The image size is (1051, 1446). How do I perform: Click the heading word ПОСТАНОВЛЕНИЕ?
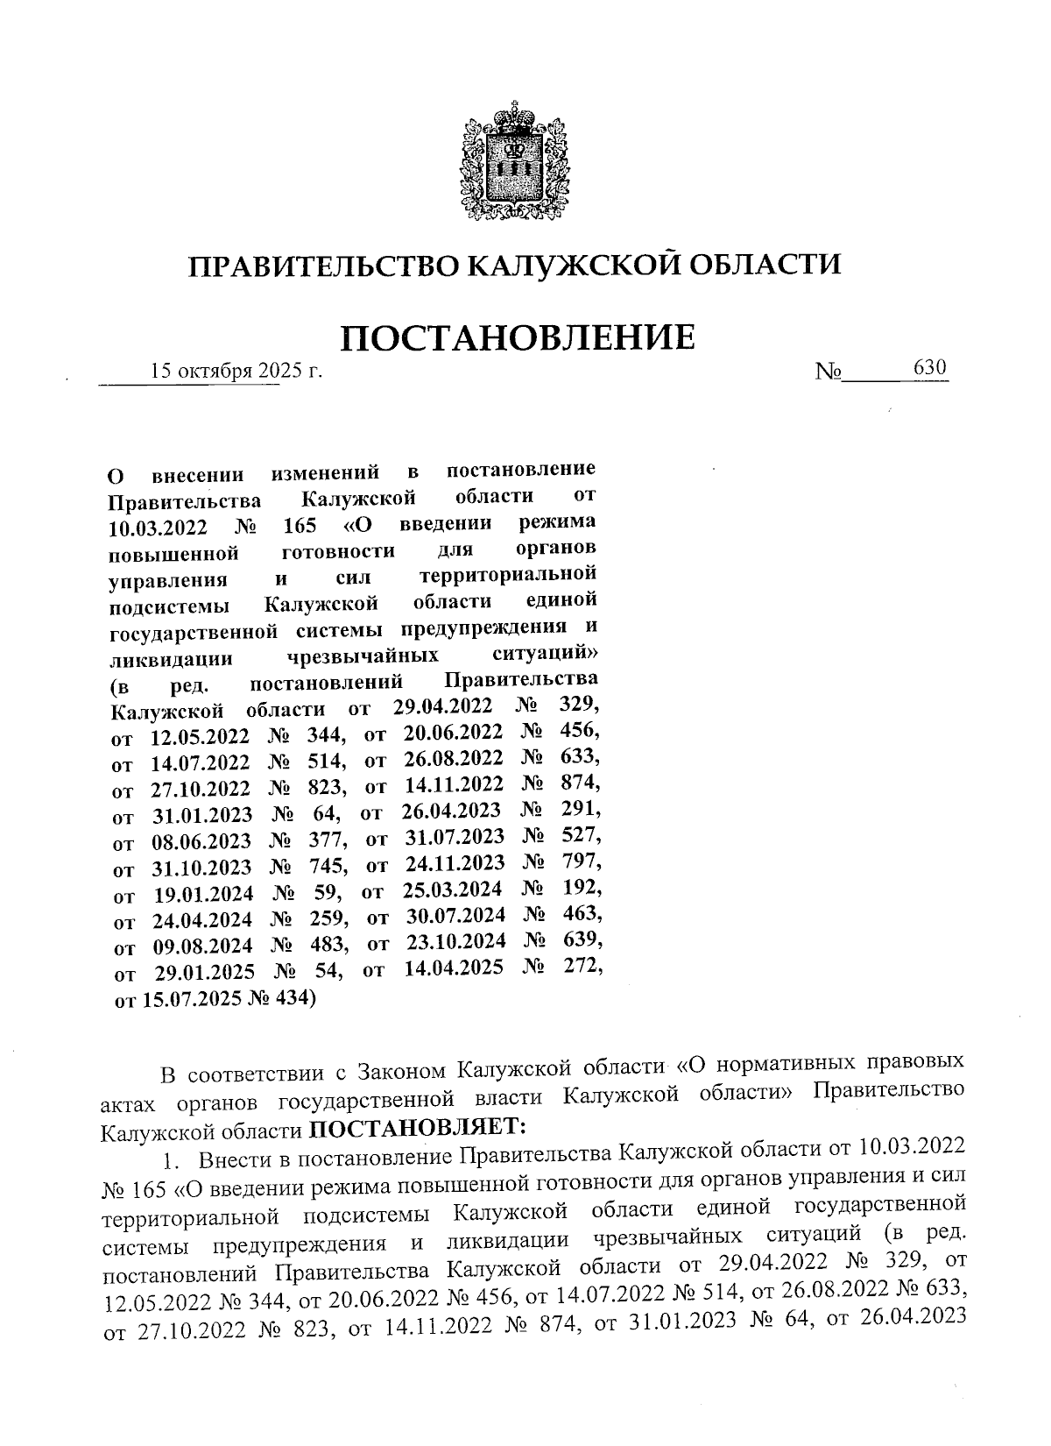518,337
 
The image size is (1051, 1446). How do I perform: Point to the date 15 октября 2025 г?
236,372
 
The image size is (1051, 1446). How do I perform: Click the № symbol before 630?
828,372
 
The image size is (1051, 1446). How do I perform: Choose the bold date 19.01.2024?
204,893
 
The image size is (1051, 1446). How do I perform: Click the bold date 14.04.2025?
454,968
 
